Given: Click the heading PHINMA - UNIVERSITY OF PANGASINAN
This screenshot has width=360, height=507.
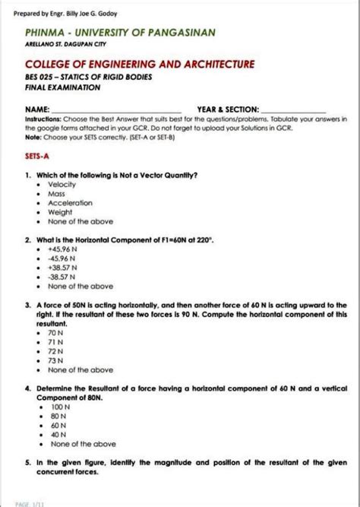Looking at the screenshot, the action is tap(120, 33).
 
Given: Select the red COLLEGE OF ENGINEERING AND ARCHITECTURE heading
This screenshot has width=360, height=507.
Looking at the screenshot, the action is tap(140, 65).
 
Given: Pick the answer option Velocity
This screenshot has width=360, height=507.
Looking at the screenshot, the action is tap(62, 185).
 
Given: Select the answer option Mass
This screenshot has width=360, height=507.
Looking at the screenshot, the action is tap(58, 194).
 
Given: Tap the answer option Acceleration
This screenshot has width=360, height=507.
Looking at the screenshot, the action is tap(70, 203).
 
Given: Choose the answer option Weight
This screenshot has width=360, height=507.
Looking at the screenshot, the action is tap(61, 213).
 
